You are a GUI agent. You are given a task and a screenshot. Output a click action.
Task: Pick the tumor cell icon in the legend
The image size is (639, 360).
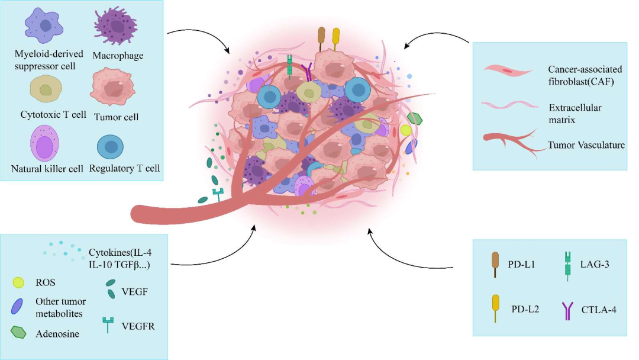115,86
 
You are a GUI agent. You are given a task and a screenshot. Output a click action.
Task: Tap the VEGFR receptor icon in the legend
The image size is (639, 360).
108,324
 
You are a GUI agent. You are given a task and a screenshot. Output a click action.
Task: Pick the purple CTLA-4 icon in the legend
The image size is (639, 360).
567,310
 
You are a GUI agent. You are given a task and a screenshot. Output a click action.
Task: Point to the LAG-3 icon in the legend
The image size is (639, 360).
567,266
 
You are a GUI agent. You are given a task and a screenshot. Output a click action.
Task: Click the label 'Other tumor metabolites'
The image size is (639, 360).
69,307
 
